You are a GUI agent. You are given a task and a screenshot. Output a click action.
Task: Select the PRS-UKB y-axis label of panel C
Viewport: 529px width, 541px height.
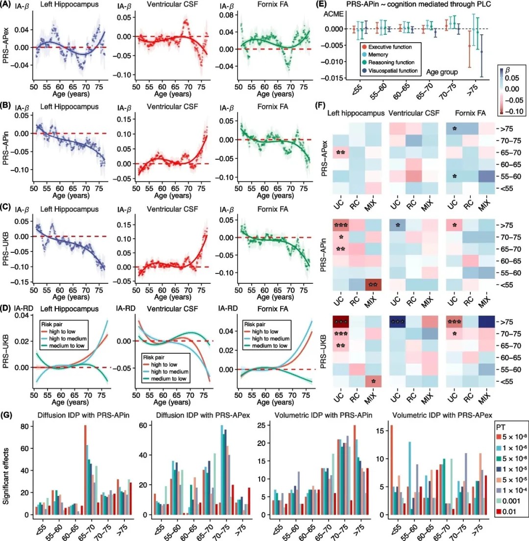7,254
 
